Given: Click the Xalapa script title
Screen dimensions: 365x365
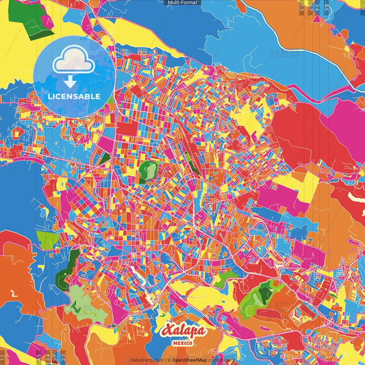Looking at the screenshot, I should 182,329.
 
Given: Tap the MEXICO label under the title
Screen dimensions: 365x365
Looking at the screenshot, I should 183,341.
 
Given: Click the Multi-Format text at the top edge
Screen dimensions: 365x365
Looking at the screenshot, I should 182,3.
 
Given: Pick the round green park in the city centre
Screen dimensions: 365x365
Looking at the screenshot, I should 147,171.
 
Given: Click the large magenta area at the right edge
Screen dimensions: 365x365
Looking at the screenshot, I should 346,130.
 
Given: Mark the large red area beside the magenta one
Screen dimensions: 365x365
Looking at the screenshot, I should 301,130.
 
